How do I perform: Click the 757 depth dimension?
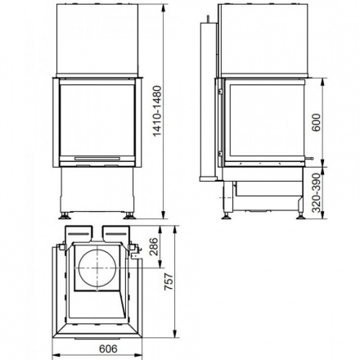(x=170, y=282)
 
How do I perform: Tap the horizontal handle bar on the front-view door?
(x=97, y=154)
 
